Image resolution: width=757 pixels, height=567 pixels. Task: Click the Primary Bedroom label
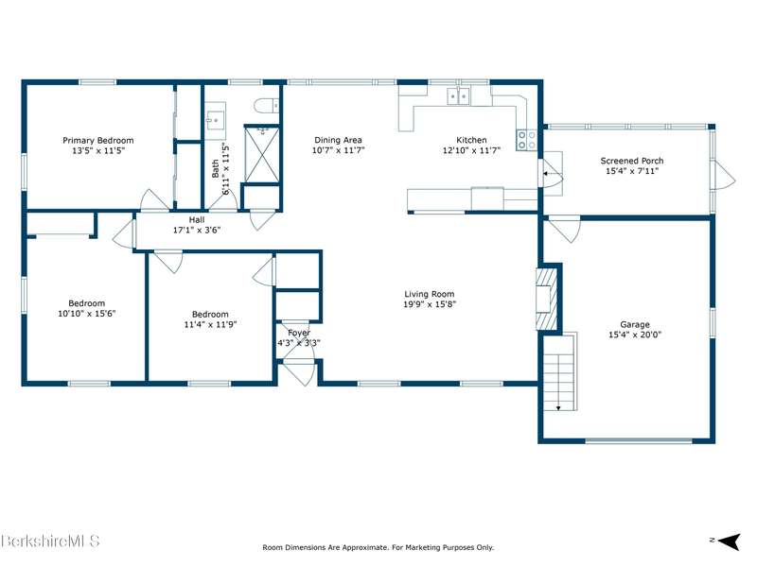tap(98, 140)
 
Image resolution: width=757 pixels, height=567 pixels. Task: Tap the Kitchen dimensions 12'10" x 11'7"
tap(471, 150)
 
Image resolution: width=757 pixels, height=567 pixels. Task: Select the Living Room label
tap(430, 294)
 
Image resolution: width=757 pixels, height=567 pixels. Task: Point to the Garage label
tap(635, 324)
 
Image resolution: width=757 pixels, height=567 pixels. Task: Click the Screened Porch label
tap(632, 161)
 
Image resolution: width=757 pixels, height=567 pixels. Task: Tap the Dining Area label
tap(338, 140)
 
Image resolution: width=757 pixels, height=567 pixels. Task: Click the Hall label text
tap(197, 220)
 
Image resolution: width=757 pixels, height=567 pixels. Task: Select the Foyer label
tap(299, 333)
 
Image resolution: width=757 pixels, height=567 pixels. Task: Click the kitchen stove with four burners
tap(526, 140)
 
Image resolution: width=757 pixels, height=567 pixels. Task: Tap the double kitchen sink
tap(458, 96)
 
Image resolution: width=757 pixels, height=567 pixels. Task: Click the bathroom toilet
tap(267, 106)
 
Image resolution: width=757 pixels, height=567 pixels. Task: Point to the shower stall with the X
tap(262, 154)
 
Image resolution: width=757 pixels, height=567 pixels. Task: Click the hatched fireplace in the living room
tap(546, 299)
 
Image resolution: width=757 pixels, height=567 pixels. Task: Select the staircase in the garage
tap(560, 371)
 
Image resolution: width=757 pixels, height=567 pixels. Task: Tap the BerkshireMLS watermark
tap(50, 541)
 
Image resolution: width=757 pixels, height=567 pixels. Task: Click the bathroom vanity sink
tap(215, 117)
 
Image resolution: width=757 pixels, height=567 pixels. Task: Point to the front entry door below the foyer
tap(300, 371)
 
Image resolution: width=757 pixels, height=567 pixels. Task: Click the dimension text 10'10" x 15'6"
tap(86, 314)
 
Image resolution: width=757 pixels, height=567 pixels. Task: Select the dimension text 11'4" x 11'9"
tap(210, 324)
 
